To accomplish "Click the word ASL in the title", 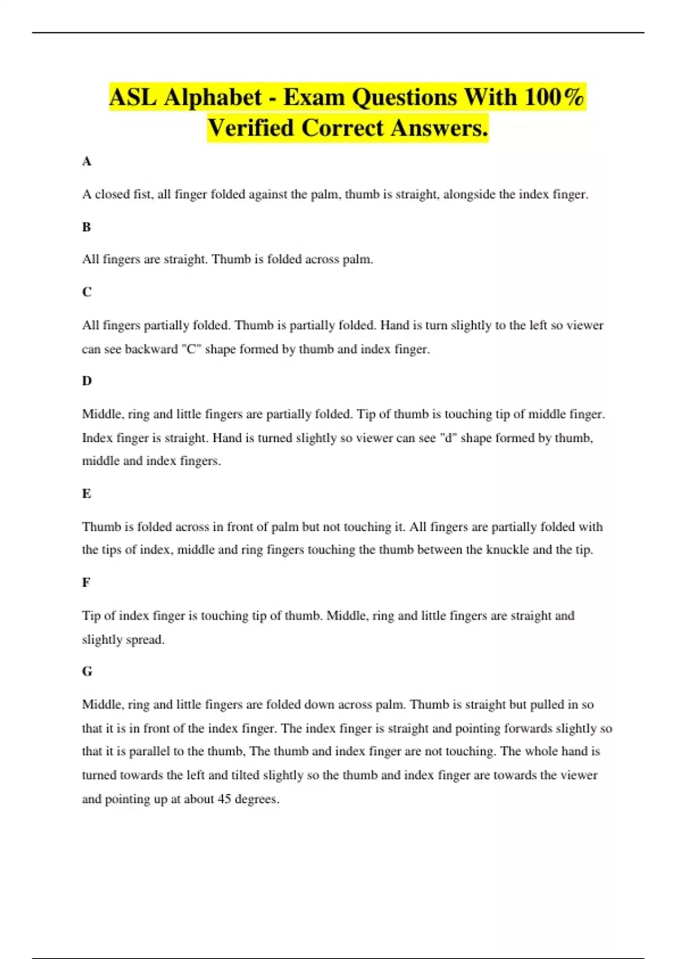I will (x=133, y=97).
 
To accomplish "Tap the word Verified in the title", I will (x=251, y=128).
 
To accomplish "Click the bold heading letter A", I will (x=86, y=161).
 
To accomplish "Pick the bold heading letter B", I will (x=86, y=227).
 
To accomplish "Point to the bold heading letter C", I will (x=86, y=292).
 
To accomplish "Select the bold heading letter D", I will (x=86, y=381).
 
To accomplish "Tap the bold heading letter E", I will (x=86, y=494).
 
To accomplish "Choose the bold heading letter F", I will (x=86, y=582).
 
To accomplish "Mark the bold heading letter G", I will (x=87, y=671).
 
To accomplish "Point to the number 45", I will (x=225, y=799).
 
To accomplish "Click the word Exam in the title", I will (x=314, y=97).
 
